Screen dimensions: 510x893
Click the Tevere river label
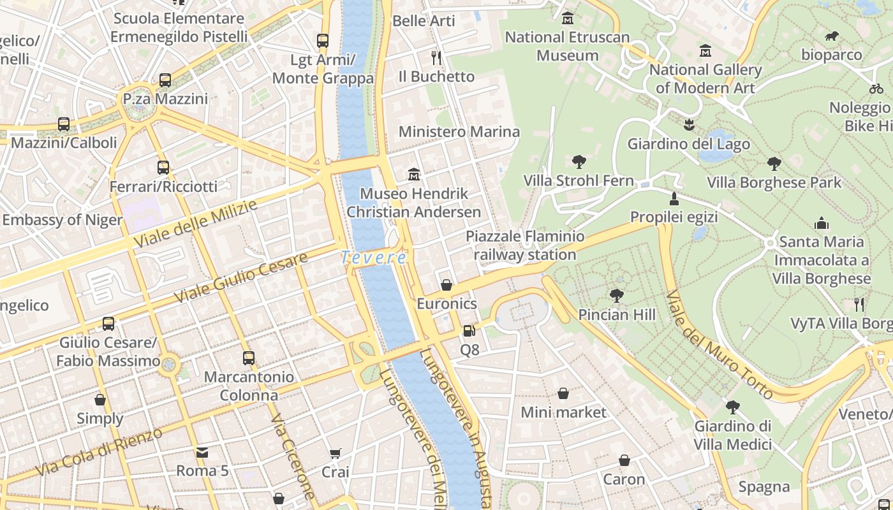[x=374, y=258]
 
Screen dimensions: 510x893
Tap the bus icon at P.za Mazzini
[x=165, y=80]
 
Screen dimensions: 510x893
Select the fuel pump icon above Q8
[x=469, y=330]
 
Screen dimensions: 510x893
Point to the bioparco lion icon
[x=832, y=36]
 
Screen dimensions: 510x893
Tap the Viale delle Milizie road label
[x=195, y=224]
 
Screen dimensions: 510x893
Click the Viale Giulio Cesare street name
[x=241, y=277]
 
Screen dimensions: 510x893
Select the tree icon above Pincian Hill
[x=616, y=295]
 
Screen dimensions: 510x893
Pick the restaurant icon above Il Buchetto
[x=436, y=58]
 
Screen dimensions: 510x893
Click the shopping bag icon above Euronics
[x=447, y=285]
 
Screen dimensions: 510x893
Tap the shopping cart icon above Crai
[x=336, y=453]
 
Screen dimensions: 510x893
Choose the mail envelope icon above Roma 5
[x=202, y=453]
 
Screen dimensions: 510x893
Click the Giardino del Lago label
[x=689, y=144]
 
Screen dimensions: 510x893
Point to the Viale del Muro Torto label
[x=720, y=345]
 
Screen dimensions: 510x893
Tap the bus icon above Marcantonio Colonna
[x=249, y=358]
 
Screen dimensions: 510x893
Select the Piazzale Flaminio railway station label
[x=525, y=245]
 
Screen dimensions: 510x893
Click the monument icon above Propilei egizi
[x=674, y=198]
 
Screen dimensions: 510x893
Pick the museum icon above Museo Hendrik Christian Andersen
[x=414, y=174]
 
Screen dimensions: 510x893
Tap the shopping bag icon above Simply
[x=100, y=400]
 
